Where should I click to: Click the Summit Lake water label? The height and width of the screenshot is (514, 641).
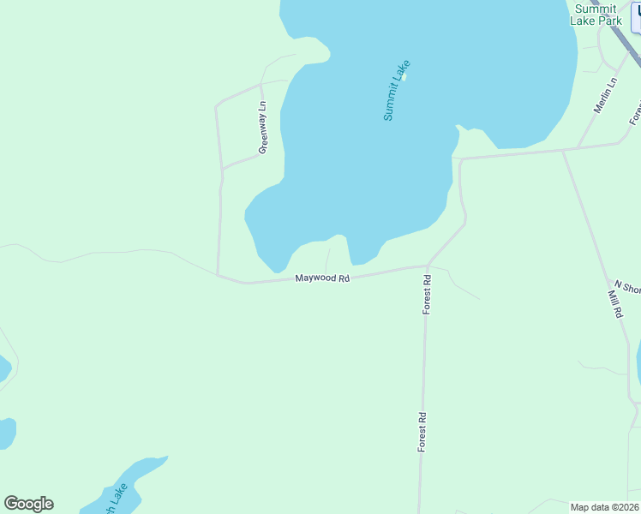click(x=397, y=90)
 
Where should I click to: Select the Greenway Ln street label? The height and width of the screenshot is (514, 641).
click(x=263, y=128)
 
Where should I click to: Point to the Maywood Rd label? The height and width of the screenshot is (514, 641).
click(x=322, y=278)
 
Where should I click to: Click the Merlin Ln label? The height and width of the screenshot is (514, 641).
click(x=606, y=96)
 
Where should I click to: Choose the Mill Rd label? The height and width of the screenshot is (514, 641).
click(x=614, y=304)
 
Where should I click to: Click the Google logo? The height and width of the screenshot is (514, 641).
click(x=28, y=504)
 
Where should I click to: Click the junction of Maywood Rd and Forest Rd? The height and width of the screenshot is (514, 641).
click(x=427, y=266)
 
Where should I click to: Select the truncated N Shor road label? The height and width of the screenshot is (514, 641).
click(x=627, y=287)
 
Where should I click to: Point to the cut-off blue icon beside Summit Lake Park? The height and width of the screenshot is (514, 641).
click(x=635, y=15)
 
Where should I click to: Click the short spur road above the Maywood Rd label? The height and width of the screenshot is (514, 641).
click(x=326, y=259)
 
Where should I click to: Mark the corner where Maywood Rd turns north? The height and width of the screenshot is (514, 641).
click(x=219, y=275)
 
